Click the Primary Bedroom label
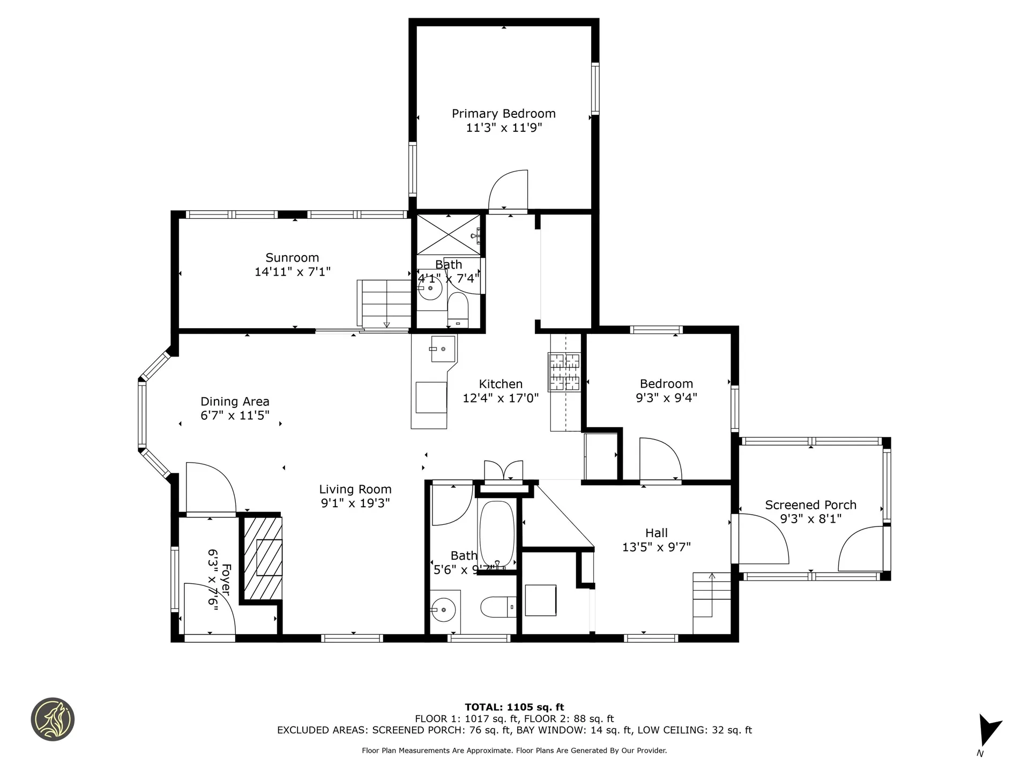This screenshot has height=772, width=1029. (x=503, y=114)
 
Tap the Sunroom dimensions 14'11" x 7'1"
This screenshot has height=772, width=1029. (x=292, y=272)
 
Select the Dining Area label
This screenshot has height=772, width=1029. (x=235, y=402)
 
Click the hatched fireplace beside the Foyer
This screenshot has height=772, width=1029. (x=263, y=558)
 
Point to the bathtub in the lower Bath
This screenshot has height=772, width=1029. (x=497, y=533)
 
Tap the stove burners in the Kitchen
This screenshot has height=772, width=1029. (x=564, y=372)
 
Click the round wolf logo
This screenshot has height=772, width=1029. (x=53, y=719)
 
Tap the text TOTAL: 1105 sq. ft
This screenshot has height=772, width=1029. (x=514, y=707)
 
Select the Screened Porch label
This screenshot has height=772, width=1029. (x=810, y=505)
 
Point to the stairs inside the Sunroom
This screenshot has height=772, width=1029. (x=385, y=303)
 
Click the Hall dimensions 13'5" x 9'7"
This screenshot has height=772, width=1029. (x=656, y=547)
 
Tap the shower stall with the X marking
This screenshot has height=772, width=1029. (x=448, y=234)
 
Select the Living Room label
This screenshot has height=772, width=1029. (x=355, y=489)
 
